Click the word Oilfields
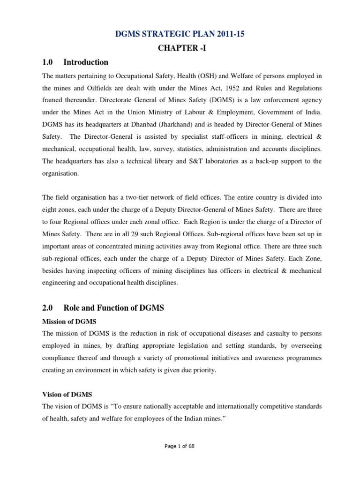tap(97, 88)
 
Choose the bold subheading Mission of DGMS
tap(69, 321)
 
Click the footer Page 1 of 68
tap(180, 446)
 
